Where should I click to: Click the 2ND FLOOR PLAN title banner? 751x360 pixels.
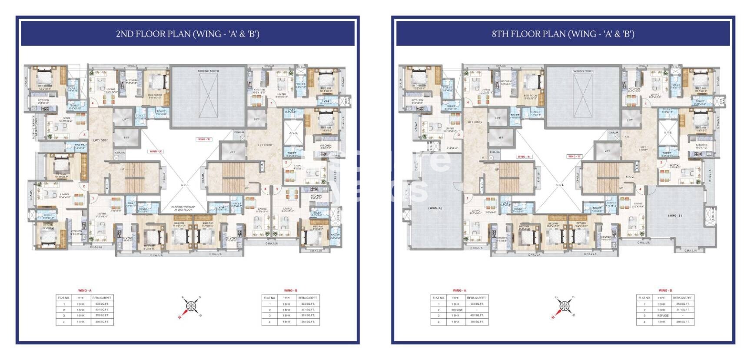pos(187,34)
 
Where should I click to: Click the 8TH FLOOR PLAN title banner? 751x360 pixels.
pos(563,34)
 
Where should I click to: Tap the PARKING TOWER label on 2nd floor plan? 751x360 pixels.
pos(208,71)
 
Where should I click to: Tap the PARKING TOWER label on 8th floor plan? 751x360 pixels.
pos(583,71)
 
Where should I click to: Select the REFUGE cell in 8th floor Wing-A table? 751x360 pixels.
pos(455,310)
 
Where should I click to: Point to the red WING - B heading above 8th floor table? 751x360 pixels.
pos(665,290)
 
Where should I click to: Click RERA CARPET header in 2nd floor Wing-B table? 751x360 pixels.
pos(308,298)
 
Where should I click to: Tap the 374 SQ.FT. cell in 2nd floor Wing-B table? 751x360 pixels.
pos(308,304)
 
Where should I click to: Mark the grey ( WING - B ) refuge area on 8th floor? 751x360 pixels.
pos(675,216)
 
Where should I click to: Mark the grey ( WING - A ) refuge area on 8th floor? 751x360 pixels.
pos(435,208)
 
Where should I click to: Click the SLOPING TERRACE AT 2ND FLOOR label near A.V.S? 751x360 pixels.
pos(183,208)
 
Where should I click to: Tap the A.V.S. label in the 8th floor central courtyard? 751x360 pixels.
pos(559,185)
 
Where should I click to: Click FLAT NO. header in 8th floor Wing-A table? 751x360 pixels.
pos(438,298)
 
